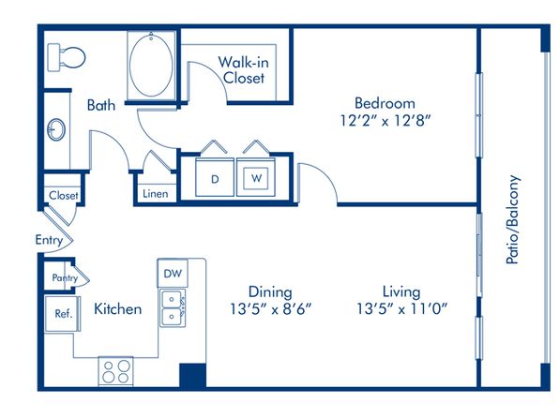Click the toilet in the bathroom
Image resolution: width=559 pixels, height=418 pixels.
click(x=67, y=57)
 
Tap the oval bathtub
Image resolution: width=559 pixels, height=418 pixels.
click(x=151, y=65)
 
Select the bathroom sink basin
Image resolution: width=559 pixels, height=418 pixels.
click(x=56, y=129)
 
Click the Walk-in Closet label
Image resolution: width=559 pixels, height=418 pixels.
click(x=244, y=70)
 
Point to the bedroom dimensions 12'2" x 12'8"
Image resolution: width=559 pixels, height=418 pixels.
click(x=385, y=121)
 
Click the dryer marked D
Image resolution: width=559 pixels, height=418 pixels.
click(x=215, y=177)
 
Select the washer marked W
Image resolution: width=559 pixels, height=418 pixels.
click(x=256, y=177)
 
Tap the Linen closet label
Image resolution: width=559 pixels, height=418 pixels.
click(x=156, y=194)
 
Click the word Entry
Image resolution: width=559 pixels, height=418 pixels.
click(x=49, y=240)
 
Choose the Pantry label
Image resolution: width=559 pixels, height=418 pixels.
click(x=65, y=278)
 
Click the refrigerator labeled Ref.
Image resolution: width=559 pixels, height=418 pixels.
click(x=63, y=314)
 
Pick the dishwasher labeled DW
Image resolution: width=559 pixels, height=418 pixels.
click(x=173, y=274)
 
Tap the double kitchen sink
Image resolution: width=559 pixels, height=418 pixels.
click(x=173, y=308)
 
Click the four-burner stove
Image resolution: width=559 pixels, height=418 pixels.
click(x=116, y=371)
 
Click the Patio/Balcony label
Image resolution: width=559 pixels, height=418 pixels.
click(x=513, y=219)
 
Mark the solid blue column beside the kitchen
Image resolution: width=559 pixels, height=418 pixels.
click(x=192, y=376)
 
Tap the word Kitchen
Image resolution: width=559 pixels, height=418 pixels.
click(x=117, y=309)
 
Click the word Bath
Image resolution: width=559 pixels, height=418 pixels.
click(x=101, y=106)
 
